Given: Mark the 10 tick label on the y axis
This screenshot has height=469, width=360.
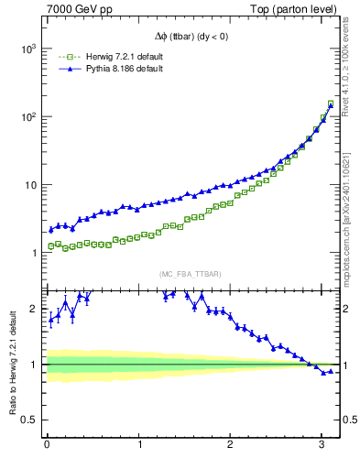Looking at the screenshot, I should click(30, 185).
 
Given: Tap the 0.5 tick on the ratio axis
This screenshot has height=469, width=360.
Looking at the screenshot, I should click(29, 420).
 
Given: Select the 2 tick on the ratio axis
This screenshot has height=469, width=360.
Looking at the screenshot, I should click(36, 310).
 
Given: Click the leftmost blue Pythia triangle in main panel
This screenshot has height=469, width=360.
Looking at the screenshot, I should click(51, 229).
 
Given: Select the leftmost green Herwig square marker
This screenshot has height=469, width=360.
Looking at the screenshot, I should click(51, 246).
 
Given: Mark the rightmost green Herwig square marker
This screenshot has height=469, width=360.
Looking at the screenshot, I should click(330, 104).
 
